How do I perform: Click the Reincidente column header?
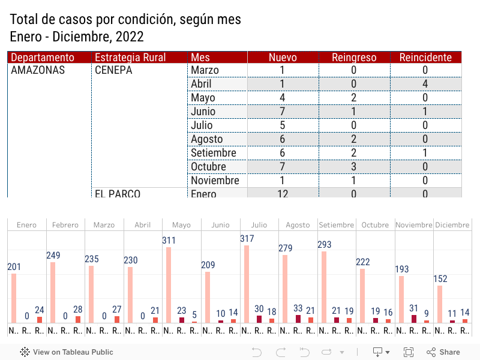426,58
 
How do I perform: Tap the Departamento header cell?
43,58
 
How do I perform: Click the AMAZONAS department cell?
38,70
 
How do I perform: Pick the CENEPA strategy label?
113,70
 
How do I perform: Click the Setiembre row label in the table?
214,153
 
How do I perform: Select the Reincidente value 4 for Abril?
425,84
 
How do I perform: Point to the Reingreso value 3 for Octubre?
354,167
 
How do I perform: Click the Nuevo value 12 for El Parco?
283,194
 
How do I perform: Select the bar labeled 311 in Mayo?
169,285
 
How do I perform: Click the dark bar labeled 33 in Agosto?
298,319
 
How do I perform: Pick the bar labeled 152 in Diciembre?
440,304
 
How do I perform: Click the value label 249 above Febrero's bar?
53,256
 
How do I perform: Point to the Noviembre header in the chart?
413,225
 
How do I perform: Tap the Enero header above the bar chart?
26,225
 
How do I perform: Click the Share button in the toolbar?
443,352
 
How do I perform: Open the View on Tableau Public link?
67,352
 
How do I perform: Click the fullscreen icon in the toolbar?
409,352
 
